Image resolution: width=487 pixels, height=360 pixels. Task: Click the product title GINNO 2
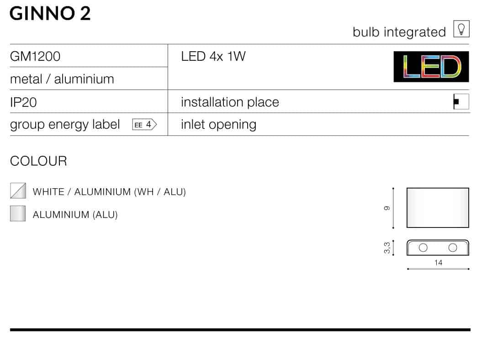pyautogui.click(x=50, y=14)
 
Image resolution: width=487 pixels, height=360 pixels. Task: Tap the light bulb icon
pyautogui.click(x=461, y=29)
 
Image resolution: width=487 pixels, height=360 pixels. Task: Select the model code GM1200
pyautogui.click(x=35, y=56)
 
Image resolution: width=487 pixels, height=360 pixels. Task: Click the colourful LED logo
pyautogui.click(x=431, y=67)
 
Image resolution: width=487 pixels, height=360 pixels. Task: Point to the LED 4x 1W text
pyautogui.click(x=213, y=56)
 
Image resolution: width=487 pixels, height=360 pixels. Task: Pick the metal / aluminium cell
pyautogui.click(x=62, y=79)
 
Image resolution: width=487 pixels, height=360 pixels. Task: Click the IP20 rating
pyautogui.click(x=23, y=102)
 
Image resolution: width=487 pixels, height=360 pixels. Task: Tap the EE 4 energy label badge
pyautogui.click(x=144, y=125)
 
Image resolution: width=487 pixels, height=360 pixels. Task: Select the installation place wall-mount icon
pyautogui.click(x=461, y=101)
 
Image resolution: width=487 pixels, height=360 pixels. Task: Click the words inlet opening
pyautogui.click(x=219, y=125)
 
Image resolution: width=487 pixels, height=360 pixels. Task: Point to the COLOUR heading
pyautogui.click(x=38, y=161)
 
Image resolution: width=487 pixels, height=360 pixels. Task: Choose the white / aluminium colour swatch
pyautogui.click(x=18, y=191)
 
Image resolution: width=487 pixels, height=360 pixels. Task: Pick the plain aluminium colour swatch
pyautogui.click(x=18, y=213)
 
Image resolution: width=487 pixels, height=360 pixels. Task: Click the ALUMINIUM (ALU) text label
pyautogui.click(x=75, y=215)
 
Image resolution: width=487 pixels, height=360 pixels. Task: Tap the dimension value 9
pyautogui.click(x=386, y=208)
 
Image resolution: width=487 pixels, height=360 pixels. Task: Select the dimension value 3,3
pyautogui.click(x=386, y=248)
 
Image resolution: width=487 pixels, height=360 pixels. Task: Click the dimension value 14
pyautogui.click(x=438, y=263)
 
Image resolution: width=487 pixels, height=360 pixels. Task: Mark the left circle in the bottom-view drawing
pyautogui.click(x=423, y=248)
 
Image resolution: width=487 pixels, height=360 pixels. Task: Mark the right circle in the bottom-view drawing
pyautogui.click(x=453, y=248)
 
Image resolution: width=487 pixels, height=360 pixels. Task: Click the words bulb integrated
pyautogui.click(x=399, y=32)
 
